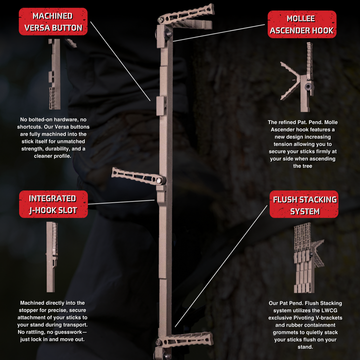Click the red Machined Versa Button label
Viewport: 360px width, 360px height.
[x=53, y=21]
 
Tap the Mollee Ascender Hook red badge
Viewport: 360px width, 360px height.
[x=302, y=24]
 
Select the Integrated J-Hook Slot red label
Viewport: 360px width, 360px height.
[x=53, y=204]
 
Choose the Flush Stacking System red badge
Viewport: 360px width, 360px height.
[x=304, y=204]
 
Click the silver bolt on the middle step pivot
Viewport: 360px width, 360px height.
[x=158, y=180]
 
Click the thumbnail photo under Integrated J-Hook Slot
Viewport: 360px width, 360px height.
[x=51, y=257]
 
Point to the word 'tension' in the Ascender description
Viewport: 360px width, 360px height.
[x=281, y=144]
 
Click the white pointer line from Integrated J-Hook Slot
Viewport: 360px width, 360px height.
[x=121, y=202]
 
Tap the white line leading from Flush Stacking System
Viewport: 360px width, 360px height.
[x=221, y=266]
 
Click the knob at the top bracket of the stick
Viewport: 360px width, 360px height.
[x=168, y=33]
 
